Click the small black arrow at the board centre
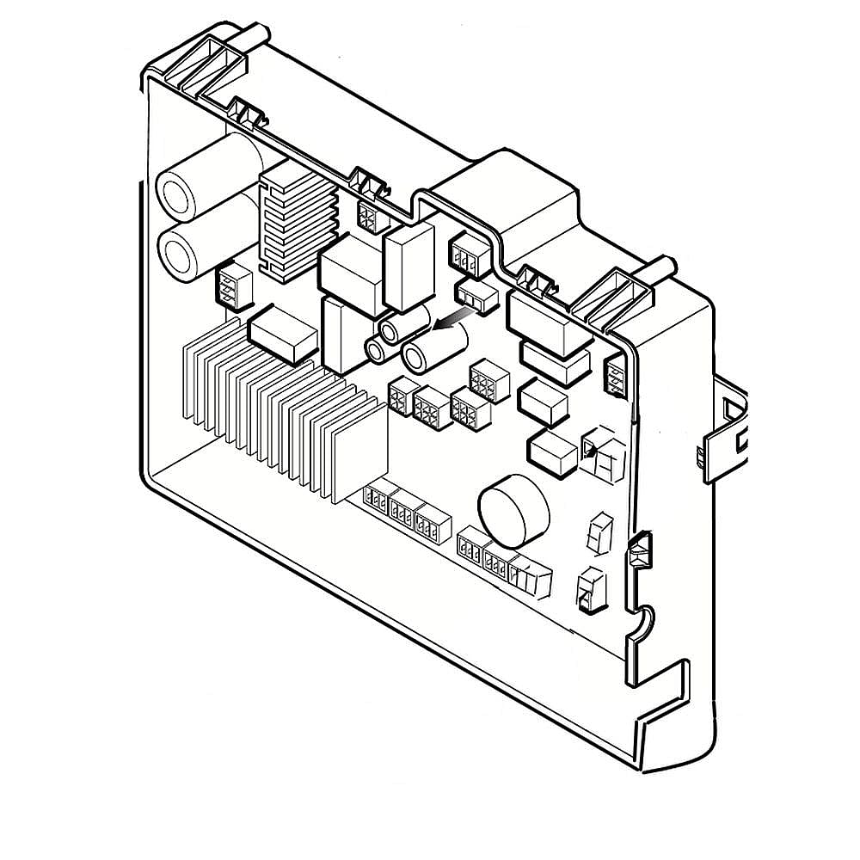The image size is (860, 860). click(x=450, y=322)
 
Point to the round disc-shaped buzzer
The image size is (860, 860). click(x=513, y=513)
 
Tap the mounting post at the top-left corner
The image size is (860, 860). click(x=256, y=36)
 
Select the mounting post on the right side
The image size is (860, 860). click(x=664, y=267)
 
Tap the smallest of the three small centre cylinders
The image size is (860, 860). click(x=379, y=349)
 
